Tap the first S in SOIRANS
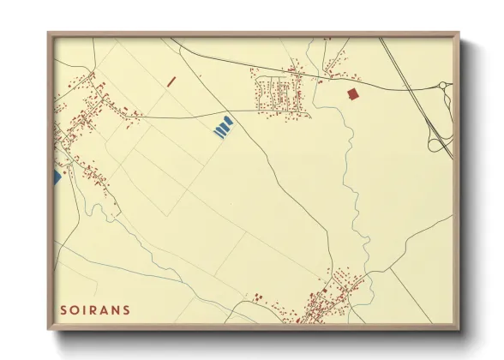tap(63, 310)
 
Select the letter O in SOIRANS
tap(74, 310)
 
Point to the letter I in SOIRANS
tap(83, 310)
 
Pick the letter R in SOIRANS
tap(93, 310)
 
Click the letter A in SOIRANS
tap(104, 310)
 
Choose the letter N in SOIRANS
tap(115, 310)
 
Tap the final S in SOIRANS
tap(126, 310)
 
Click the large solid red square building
tap(351, 93)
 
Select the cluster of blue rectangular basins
tap(222, 128)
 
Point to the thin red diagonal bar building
tap(171, 82)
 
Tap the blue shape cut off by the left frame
tap(57, 177)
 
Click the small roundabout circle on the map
tap(444, 85)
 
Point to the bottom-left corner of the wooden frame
tap(49, 328)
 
